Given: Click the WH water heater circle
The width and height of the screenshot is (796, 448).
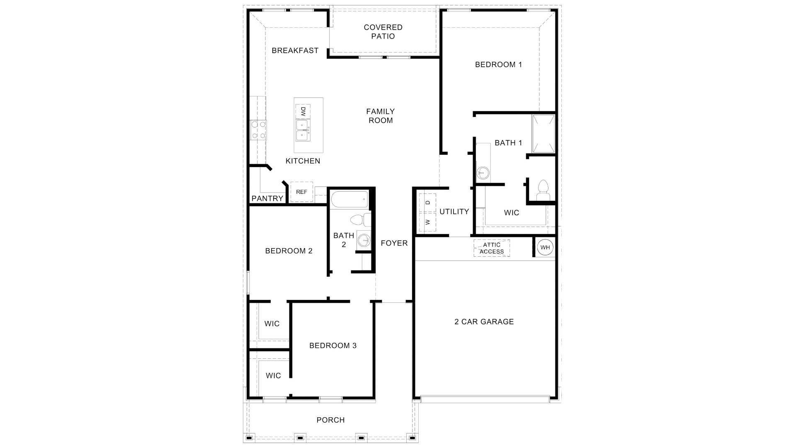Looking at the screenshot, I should (545, 248).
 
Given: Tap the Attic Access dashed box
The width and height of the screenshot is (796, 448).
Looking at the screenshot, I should (492, 248).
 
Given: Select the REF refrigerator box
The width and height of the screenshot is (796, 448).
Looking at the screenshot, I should (301, 192).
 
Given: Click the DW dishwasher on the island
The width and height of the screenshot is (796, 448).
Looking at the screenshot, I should (303, 111).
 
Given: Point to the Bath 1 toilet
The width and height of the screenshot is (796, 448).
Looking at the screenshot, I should (542, 190).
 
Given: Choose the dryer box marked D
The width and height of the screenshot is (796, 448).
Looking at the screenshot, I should (428, 202).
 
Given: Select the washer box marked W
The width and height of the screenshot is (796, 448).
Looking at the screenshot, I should (428, 222).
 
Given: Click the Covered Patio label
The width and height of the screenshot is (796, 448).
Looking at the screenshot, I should (383, 32).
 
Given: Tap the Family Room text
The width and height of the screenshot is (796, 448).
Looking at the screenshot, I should (381, 116).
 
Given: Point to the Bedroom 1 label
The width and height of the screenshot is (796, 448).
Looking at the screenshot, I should (498, 65).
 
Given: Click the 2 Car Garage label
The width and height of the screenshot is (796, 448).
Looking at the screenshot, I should (484, 321).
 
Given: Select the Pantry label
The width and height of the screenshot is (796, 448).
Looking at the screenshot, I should (267, 199).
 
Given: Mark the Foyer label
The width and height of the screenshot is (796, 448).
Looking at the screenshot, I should (394, 243).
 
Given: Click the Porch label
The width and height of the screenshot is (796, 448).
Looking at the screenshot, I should (330, 420).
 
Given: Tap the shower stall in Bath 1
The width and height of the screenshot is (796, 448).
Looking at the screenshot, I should (543, 134).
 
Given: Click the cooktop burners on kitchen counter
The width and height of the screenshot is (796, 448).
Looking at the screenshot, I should (258, 130).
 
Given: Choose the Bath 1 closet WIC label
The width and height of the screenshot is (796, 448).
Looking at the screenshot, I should (511, 213).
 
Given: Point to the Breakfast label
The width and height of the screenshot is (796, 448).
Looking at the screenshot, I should (295, 51).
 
